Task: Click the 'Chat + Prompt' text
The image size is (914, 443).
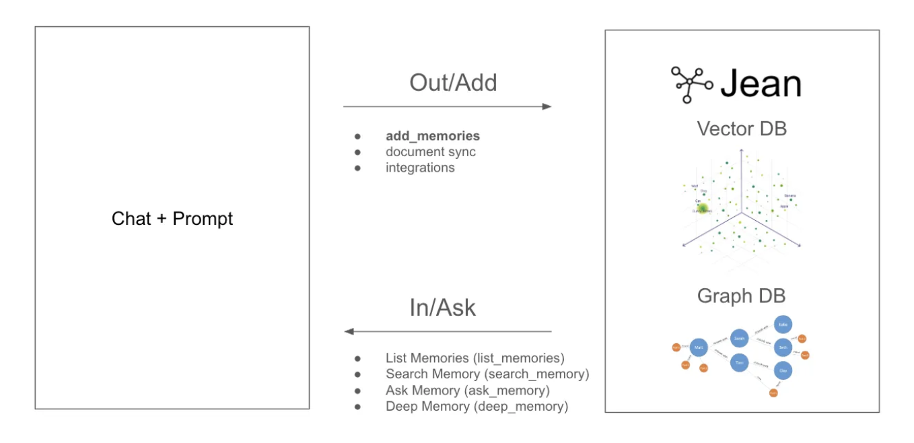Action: tap(172, 219)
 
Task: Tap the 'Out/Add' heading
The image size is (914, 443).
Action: tap(453, 83)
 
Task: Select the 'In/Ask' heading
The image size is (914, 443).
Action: tap(442, 308)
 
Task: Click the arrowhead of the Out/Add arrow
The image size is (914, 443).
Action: tap(547, 106)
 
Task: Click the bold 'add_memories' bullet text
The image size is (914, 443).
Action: tap(433, 137)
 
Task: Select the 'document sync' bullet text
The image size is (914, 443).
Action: tap(431, 152)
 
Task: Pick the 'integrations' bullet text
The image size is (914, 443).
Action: tap(420, 168)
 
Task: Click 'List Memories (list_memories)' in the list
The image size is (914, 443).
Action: tap(474, 358)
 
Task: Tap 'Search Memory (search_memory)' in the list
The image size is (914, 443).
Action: tap(487, 374)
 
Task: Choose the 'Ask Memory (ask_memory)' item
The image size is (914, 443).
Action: tap(468, 390)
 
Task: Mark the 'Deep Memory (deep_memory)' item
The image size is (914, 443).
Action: tap(477, 407)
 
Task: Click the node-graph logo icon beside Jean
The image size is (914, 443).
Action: tap(691, 84)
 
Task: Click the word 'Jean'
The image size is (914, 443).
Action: tap(761, 85)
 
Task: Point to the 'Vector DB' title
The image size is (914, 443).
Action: tap(741, 128)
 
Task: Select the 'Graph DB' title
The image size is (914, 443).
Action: tap(741, 296)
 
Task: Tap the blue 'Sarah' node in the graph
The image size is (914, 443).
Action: tap(739, 339)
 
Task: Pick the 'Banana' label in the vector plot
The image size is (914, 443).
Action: tap(789, 195)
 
